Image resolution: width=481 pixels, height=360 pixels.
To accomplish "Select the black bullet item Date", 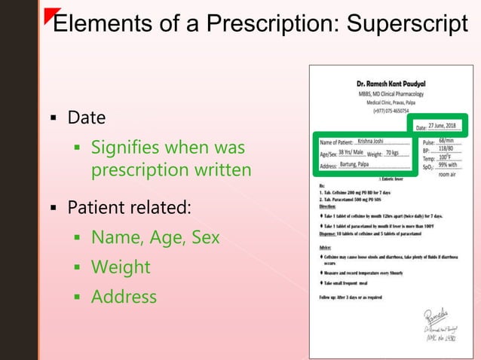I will [87, 118].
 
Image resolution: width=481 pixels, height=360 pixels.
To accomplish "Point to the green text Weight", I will [121, 267].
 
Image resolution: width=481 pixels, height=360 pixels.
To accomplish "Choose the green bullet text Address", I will [124, 297].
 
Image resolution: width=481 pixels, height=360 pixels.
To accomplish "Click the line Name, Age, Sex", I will [155, 237].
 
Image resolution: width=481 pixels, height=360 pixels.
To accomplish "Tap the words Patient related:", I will [130, 206].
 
